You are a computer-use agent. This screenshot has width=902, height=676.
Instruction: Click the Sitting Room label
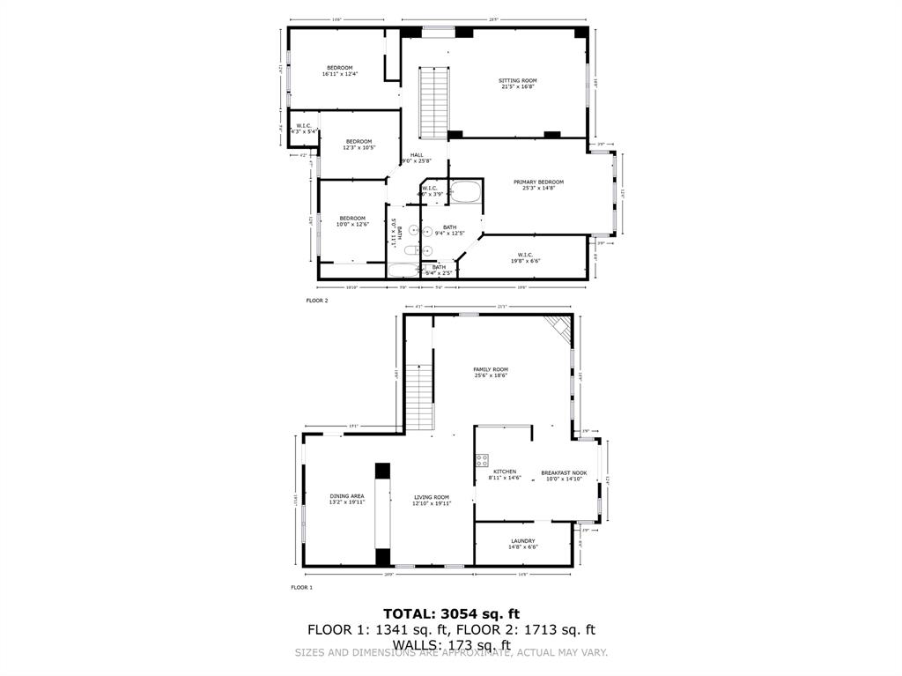point(518,84)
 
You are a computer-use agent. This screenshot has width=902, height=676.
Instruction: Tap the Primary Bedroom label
point(538,184)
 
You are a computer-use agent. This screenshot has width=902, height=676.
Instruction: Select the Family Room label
point(491,372)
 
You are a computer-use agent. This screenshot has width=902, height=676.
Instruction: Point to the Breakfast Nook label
point(564,475)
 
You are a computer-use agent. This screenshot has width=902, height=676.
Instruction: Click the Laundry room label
point(522,544)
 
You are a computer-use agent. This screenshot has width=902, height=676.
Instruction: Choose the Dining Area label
point(346,499)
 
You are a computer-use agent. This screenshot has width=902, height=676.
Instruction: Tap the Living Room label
point(433,500)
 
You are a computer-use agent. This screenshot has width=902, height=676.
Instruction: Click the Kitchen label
point(505,474)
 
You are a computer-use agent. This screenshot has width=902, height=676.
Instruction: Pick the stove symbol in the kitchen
point(482,460)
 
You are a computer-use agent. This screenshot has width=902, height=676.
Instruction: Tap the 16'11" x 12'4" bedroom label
point(340,71)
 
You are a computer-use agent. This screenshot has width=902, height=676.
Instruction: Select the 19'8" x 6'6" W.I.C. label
point(526,257)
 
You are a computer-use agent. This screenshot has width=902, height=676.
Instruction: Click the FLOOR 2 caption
point(317,301)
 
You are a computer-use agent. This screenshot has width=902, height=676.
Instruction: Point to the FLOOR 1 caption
point(301,587)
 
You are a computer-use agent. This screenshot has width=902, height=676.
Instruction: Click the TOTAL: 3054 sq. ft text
point(451,613)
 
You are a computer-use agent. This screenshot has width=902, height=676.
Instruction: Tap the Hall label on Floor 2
point(417,158)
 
